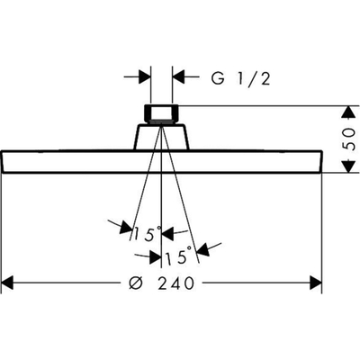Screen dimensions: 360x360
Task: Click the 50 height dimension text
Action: pos(348,139)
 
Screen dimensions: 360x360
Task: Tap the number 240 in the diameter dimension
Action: pos(176,283)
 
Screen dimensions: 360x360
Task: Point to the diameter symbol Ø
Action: pos(137,283)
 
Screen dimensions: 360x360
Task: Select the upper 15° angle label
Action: pos(147,234)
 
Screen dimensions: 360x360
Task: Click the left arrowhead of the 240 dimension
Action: pos(8,283)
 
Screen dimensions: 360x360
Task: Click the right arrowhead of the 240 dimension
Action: pos(316,283)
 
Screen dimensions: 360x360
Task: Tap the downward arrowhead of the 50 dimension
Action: pos(348,166)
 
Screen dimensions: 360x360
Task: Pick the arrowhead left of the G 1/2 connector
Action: pos(144,77)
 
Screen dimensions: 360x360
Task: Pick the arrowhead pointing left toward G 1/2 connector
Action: pos(178,77)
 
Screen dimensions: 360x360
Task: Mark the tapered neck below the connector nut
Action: pos(161,137)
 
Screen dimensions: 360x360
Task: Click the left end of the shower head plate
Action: pos(3,162)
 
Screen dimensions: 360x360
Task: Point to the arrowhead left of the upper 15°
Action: pos(126,228)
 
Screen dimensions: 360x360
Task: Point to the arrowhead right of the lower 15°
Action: pos(204,249)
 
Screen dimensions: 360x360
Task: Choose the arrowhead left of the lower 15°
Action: pos(155,256)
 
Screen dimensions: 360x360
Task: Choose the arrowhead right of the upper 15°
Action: pos(168,233)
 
